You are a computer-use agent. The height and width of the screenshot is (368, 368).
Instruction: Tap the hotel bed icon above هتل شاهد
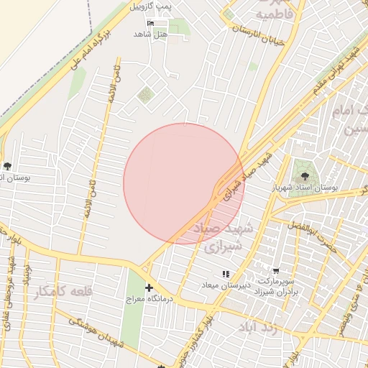151,24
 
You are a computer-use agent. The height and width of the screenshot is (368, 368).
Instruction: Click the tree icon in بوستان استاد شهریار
305,175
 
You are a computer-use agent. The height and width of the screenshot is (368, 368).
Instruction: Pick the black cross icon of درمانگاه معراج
149,288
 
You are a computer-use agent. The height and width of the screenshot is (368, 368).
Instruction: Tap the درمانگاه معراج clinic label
146,298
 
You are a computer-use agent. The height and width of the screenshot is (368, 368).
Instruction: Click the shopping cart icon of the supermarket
277,271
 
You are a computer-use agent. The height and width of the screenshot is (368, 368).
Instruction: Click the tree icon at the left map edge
7,166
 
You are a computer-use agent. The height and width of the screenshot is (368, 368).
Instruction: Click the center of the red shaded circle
183,183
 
